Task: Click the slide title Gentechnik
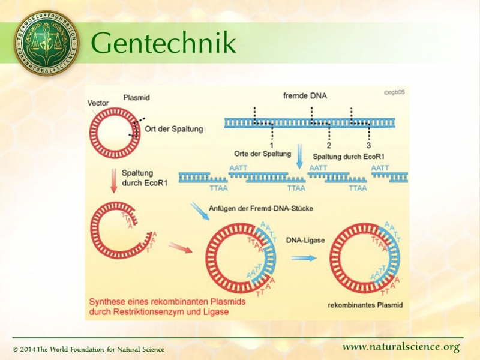point(163,43)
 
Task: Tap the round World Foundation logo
point(46,43)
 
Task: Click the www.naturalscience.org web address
point(401,347)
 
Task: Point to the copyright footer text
point(88,349)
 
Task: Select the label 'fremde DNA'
point(305,96)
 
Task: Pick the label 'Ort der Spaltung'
point(175,128)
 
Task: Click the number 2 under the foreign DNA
point(329,145)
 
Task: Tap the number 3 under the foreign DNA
point(368,145)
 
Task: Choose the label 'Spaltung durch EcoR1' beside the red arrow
point(144,178)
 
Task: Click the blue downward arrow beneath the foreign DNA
point(300,158)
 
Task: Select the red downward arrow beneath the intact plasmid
point(113,181)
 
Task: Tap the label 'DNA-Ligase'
point(305,240)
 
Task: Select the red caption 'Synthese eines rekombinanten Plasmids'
point(167,302)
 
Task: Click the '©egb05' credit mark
point(394,93)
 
